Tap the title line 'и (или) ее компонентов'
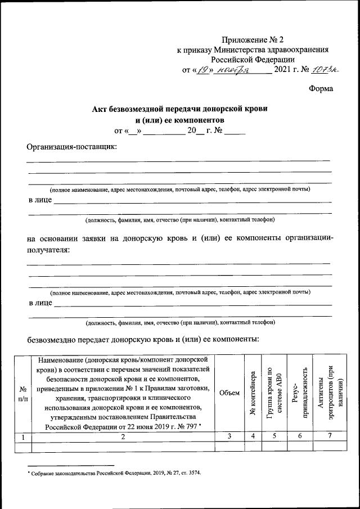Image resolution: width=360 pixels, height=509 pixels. click(180, 120)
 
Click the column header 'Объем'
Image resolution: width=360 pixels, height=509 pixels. click(228, 393)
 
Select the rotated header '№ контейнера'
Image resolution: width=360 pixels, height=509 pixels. click(253, 393)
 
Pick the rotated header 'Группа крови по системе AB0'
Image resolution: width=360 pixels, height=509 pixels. click(274, 393)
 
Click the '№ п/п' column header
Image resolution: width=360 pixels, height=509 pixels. click(24, 393)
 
